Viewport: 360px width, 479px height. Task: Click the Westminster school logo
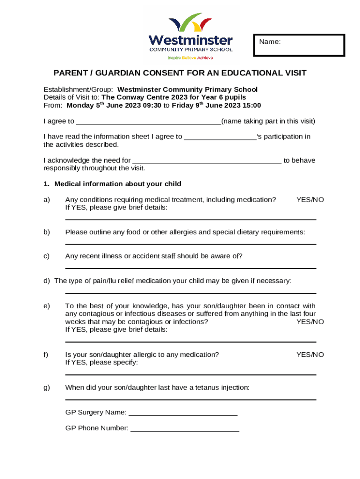coord(190,36)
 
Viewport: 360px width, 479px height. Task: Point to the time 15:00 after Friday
coord(252,105)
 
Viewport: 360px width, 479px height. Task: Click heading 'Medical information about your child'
coord(118,184)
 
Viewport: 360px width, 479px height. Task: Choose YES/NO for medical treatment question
coord(310,200)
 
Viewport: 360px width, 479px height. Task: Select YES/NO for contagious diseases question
coord(310,322)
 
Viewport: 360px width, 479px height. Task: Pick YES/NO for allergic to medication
coord(310,355)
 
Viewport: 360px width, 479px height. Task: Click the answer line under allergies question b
coord(190,244)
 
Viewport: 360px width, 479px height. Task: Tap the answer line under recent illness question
coord(190,268)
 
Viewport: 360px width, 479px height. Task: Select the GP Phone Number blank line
coord(185,430)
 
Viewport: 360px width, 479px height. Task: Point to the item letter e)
coord(47,306)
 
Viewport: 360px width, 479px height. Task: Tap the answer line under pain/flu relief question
coord(190,293)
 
